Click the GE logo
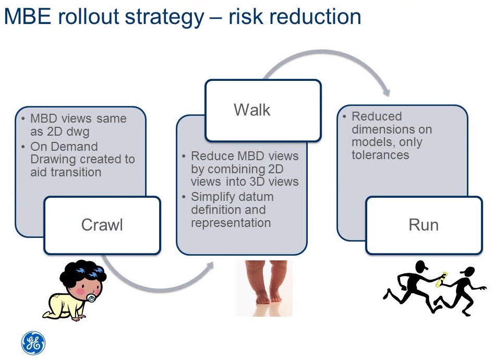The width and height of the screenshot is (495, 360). pos(33,343)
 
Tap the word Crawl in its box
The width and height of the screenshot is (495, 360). pos(102,225)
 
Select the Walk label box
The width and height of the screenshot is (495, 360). pos(263,110)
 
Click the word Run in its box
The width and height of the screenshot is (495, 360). pos(424,225)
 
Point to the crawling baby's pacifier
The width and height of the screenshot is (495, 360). pos(92,298)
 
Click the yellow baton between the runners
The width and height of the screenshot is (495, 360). pos(441,280)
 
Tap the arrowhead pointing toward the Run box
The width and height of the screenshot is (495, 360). pos(387,92)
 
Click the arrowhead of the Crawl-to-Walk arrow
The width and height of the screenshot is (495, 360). pos(210,266)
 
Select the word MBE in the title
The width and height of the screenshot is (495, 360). pos(28,17)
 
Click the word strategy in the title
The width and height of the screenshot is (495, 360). pos(164,18)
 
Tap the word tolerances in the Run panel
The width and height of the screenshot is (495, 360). pos(380,155)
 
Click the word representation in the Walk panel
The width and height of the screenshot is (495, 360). pos(231,223)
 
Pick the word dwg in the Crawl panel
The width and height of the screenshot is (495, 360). pos(78,131)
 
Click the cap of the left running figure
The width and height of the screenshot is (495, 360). pos(422,266)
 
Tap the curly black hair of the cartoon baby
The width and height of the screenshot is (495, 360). pos(83,273)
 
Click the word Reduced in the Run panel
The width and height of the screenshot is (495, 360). pos(377,116)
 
